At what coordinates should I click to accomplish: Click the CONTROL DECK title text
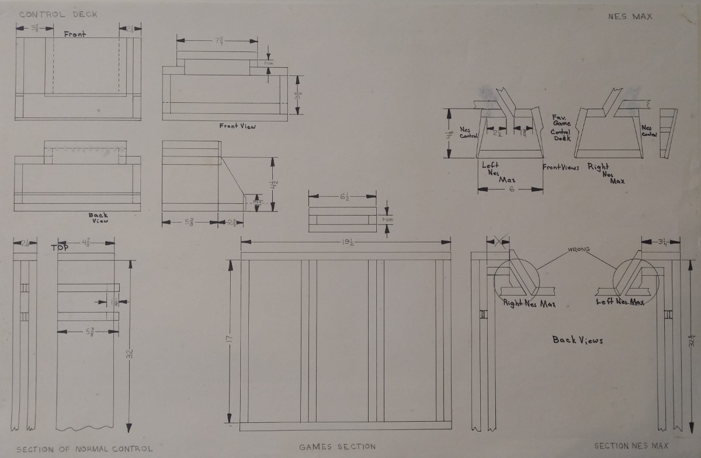pyautogui.click(x=58, y=13)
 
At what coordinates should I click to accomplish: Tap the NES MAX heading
pyautogui.click(x=630, y=16)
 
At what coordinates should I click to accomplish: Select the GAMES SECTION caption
pyautogui.click(x=338, y=447)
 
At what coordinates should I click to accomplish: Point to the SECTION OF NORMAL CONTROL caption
pyautogui.click(x=84, y=449)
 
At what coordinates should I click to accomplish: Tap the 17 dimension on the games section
pyautogui.click(x=230, y=338)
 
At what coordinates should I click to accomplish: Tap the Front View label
pyautogui.click(x=238, y=126)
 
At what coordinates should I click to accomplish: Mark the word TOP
pyautogui.click(x=60, y=247)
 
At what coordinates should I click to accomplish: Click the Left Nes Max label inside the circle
pyautogui.click(x=620, y=302)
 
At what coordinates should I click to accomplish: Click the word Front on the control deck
pyautogui.click(x=74, y=34)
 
